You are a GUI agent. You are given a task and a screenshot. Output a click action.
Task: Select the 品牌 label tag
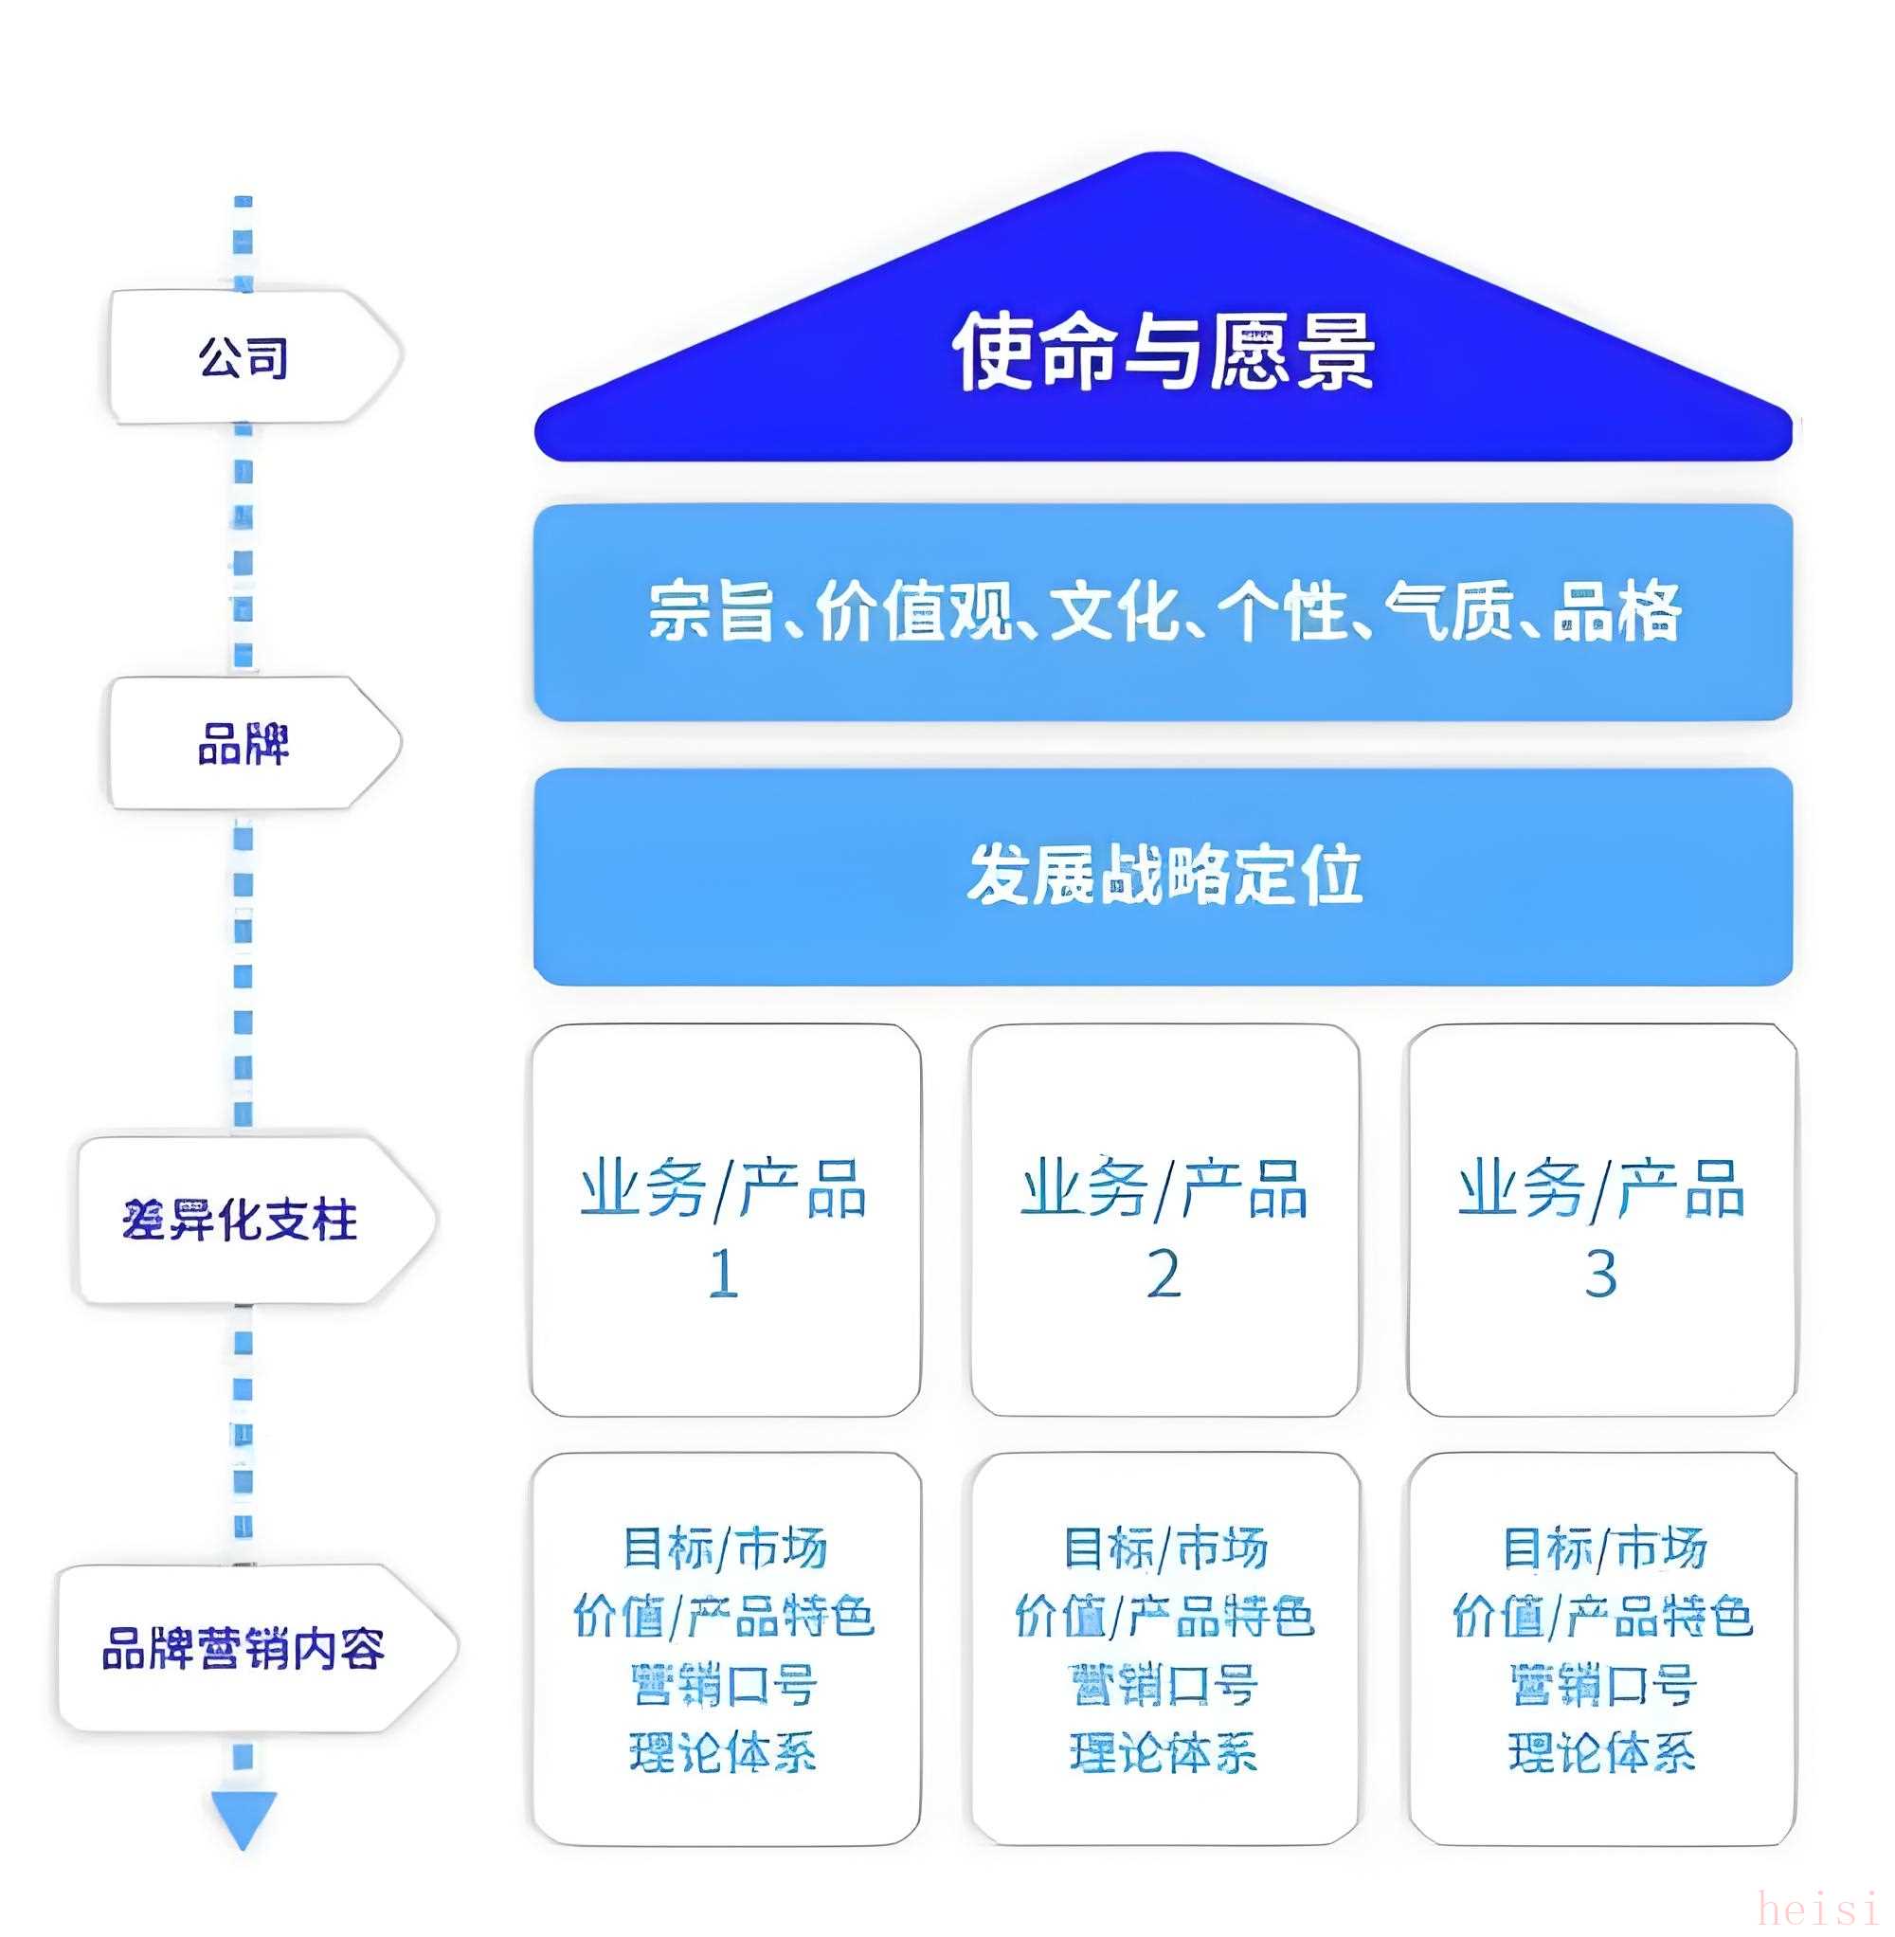click(244, 744)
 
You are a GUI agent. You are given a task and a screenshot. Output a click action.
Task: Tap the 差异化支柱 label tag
click(242, 1220)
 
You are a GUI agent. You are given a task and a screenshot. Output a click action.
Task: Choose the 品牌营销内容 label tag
click(244, 1647)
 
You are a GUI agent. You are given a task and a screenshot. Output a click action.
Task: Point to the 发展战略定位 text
click(1164, 875)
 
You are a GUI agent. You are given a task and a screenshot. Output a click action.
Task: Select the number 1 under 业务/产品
click(724, 1273)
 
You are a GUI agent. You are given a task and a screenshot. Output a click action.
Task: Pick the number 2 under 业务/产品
click(1164, 1273)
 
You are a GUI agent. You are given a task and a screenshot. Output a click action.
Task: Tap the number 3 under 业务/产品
click(1600, 1273)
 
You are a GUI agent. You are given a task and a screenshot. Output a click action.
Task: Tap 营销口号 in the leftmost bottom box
click(724, 1685)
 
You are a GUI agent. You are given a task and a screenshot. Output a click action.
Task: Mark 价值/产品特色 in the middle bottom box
click(1164, 1616)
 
